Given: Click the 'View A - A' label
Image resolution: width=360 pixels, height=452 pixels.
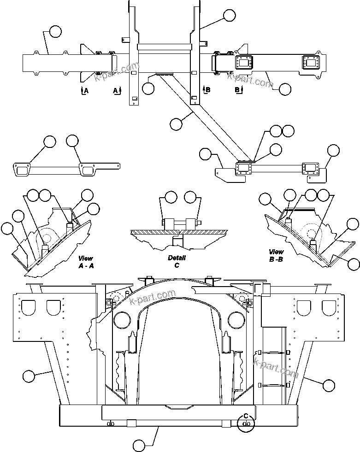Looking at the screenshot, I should coord(86,262).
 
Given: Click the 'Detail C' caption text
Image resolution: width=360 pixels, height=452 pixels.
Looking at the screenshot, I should coord(177,262).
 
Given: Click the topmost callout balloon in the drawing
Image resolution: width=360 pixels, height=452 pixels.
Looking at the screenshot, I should coord(229,15).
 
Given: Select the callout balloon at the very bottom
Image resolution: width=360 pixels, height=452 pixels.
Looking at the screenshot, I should coord(139,445).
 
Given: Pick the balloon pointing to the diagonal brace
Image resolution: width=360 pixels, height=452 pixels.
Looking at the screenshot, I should coord(176,123).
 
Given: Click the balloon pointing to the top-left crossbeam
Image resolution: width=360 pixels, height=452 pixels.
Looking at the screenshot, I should coord(55,31).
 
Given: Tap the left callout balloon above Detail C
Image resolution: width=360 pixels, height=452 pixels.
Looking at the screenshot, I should coord(171,197).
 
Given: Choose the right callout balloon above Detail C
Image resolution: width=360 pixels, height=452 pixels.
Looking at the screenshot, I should coord(190,197).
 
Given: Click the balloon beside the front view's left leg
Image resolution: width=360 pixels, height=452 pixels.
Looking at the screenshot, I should coord(29,376).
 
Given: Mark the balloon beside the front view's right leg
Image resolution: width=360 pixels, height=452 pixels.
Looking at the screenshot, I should coord(329,384).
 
